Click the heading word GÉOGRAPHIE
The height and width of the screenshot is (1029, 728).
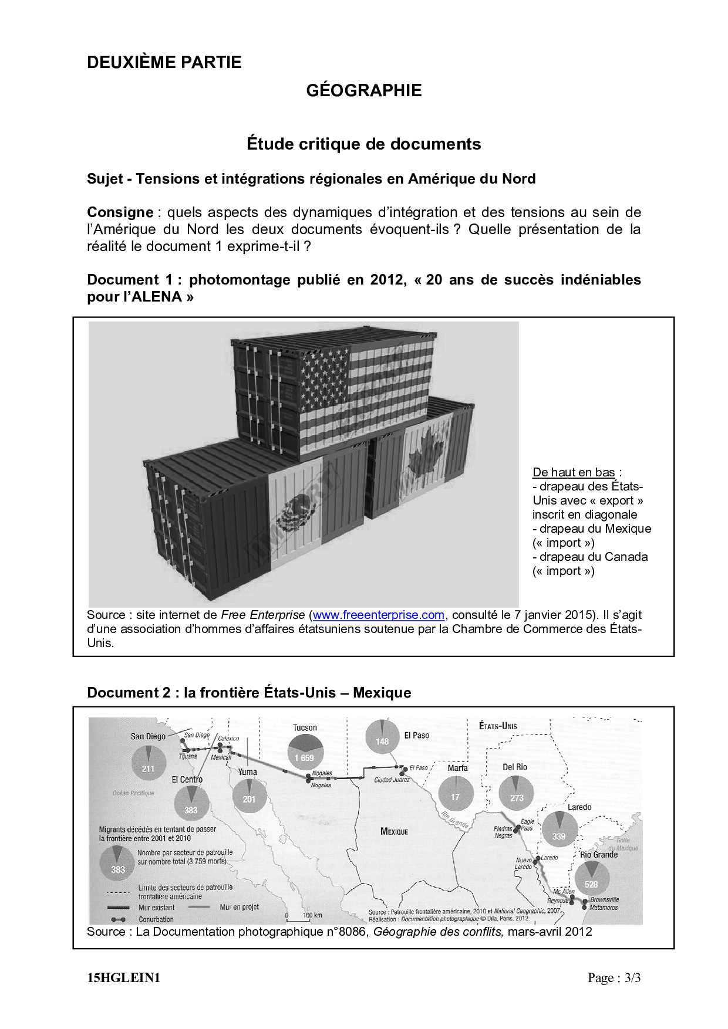[x=364, y=90]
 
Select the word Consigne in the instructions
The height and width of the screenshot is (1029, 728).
[x=120, y=212]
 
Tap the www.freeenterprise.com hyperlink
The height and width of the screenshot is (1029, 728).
[x=378, y=615]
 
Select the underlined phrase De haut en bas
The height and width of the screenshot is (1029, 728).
[x=574, y=472]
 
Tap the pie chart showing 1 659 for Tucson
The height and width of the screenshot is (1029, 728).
[x=305, y=752]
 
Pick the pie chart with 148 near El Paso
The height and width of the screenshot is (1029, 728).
[x=383, y=737]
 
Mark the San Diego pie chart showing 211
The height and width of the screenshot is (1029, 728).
[x=149, y=763]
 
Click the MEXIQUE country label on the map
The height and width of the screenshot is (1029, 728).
[x=394, y=831]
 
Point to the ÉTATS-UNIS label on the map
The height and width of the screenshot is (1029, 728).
[x=498, y=726]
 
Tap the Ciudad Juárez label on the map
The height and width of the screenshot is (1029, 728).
[x=392, y=780]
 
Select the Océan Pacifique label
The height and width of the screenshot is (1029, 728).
[x=133, y=793]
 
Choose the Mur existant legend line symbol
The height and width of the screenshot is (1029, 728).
[x=119, y=908]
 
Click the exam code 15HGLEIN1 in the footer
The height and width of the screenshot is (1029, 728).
[x=123, y=978]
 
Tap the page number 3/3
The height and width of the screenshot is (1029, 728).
[x=632, y=978]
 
